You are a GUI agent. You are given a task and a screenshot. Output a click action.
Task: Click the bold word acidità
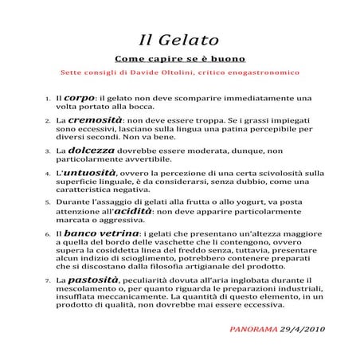(x=135, y=211)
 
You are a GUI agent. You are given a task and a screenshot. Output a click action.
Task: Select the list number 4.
(x=48, y=173)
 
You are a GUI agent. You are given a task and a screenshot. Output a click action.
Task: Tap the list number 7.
(x=48, y=282)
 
